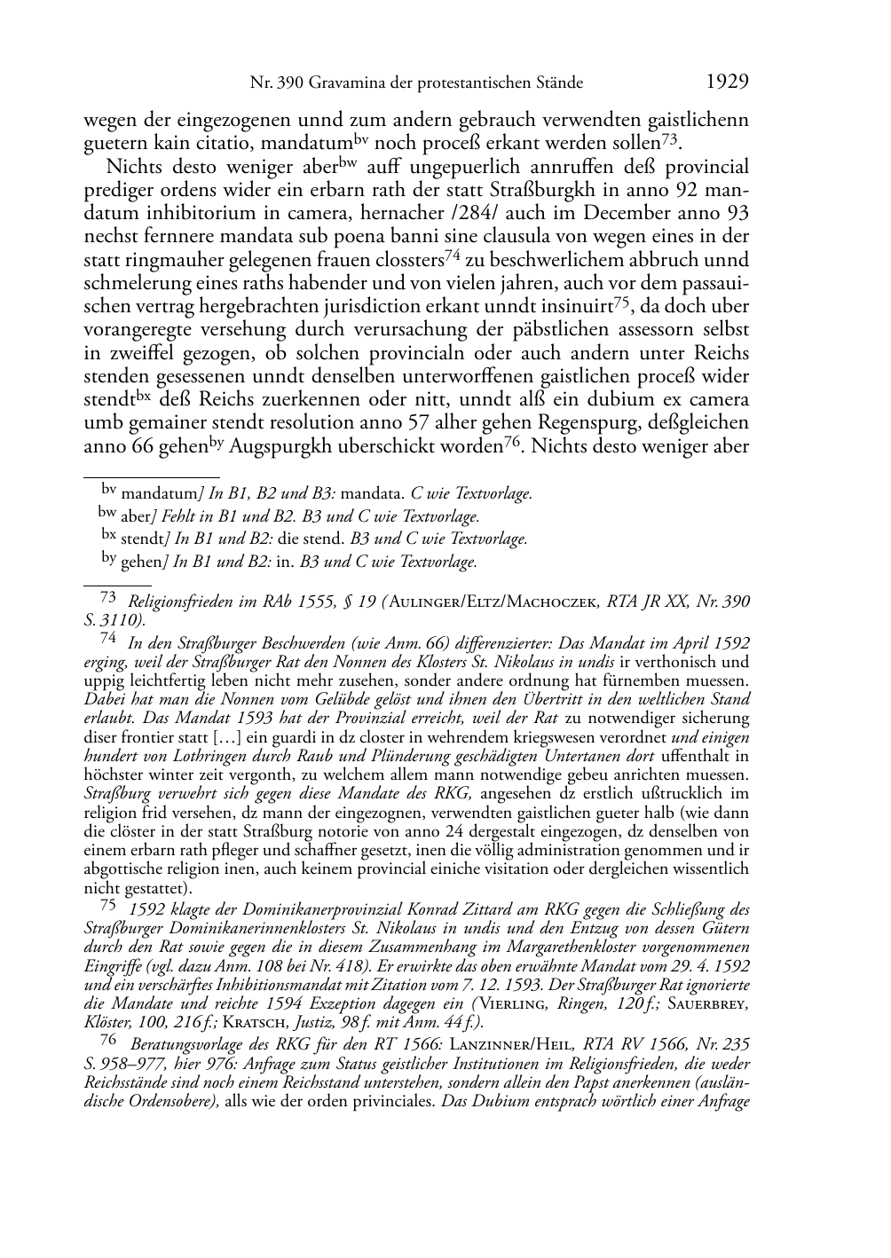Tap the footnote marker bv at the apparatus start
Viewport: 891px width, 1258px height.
coord(108,487)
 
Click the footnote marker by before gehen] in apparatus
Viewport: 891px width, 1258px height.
coord(109,557)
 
